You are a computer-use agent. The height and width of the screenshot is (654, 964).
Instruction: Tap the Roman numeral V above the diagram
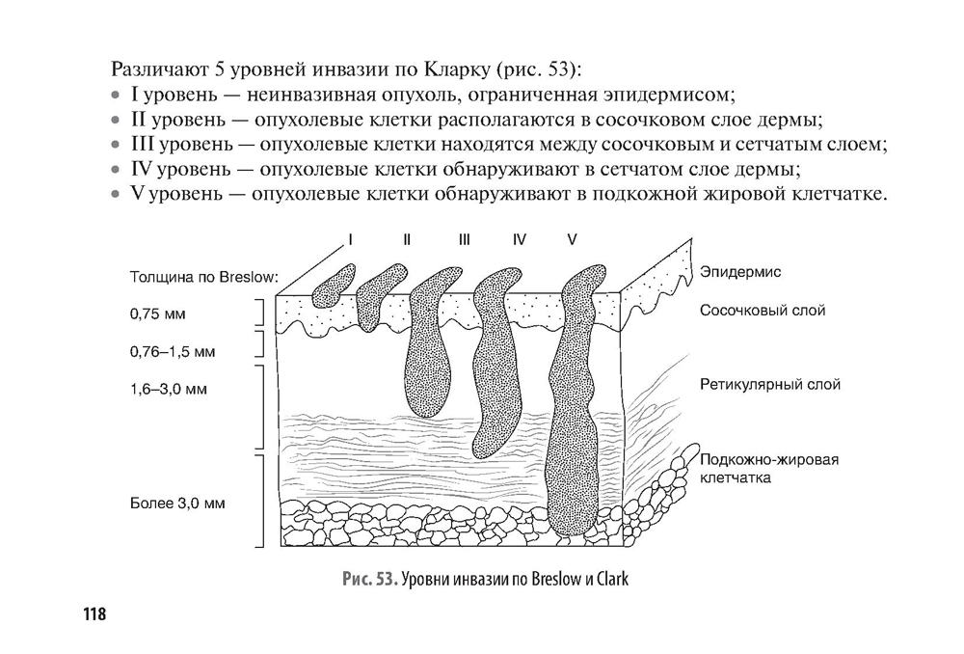(x=572, y=239)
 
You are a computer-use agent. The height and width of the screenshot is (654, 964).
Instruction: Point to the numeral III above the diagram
(x=464, y=239)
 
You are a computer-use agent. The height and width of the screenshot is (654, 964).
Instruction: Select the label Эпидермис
(x=741, y=272)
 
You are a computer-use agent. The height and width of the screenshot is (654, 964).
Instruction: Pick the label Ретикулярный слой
(x=770, y=384)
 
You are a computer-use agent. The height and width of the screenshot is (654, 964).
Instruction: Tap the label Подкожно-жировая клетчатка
(x=768, y=468)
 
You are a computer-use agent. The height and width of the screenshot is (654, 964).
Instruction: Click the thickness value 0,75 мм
(x=156, y=313)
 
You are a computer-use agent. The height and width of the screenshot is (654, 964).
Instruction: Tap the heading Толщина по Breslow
(x=202, y=277)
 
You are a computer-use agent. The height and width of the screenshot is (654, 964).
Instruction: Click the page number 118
(x=94, y=614)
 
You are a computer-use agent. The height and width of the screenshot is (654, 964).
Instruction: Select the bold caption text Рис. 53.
(x=369, y=579)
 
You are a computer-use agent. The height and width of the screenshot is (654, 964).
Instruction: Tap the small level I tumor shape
(x=334, y=284)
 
